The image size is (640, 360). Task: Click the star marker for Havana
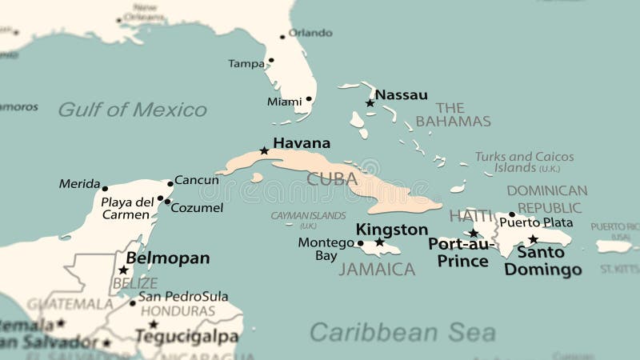264,150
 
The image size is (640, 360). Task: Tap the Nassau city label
401,94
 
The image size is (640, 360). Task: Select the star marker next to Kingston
379,242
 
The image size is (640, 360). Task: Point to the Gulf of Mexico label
132,110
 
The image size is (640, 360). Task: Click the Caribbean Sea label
402,332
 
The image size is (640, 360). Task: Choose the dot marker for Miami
309,100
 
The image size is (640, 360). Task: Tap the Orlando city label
310,33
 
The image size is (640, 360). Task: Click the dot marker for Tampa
271,60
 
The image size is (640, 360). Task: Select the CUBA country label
332,178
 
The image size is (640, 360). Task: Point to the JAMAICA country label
376,270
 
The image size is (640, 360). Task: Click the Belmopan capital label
168,258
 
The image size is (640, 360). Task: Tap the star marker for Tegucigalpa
153,324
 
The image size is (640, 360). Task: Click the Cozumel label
197,208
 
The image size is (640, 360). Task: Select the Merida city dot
105,189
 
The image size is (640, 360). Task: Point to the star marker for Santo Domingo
533,238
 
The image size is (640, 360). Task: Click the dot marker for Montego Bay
360,243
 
